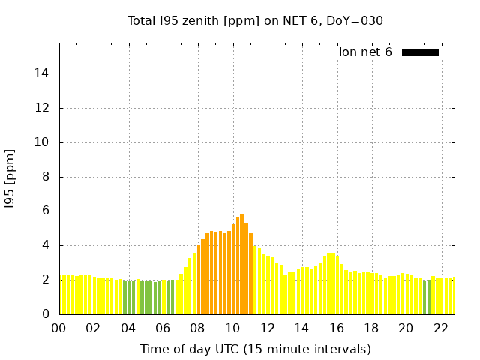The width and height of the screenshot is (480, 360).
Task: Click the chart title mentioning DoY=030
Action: [255, 20]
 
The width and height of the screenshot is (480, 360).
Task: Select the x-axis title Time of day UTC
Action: [255, 349]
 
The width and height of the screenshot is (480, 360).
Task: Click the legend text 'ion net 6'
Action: [365, 52]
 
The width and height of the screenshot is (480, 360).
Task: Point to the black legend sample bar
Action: [420, 52]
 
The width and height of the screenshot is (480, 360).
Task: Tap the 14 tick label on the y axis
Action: [43, 73]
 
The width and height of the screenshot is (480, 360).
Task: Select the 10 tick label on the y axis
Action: [43, 142]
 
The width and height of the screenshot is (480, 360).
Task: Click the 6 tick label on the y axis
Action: [46, 211]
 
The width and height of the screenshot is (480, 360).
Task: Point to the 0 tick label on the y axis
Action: [46, 314]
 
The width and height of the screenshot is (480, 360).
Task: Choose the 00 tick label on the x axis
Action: [59, 328]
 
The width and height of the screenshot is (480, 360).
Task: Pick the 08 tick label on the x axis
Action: [198, 328]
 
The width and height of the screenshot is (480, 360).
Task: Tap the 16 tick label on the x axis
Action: [337, 328]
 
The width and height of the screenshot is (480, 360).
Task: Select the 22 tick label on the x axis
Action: [441, 328]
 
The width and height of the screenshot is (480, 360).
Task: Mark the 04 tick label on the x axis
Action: [128, 328]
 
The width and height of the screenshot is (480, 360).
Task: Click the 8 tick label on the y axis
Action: [46, 177]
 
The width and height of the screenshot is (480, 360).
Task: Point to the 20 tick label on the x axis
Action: [406, 328]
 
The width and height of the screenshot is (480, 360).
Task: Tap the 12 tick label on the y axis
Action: [43, 108]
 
